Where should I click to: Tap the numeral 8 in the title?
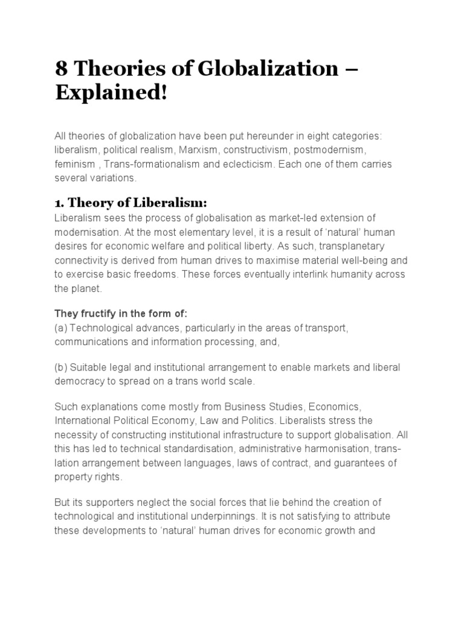[61, 69]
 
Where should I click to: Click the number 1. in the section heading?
[60, 203]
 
